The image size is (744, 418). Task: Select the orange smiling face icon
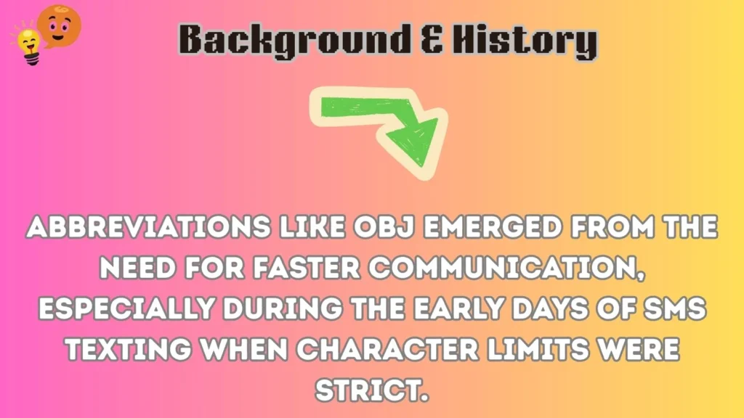pos(59,23)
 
